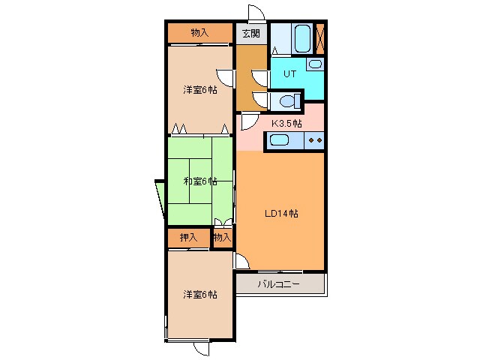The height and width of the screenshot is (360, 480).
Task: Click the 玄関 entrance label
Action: (x=251, y=33)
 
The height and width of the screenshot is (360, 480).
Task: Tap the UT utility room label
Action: (x=289, y=73)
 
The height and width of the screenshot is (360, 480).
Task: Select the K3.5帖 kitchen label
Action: (x=286, y=123)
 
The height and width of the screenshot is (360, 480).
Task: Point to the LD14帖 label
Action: (x=281, y=213)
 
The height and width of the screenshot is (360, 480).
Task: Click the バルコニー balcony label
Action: (x=278, y=284)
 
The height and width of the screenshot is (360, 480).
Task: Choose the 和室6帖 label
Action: (x=200, y=181)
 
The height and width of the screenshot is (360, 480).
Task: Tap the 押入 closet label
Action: (x=188, y=237)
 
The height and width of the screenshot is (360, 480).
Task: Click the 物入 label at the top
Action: (x=200, y=32)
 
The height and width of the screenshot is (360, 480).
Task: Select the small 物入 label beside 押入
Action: (x=222, y=237)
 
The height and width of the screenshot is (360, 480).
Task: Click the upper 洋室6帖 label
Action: (x=200, y=90)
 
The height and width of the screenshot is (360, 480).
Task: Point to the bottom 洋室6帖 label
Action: (x=200, y=295)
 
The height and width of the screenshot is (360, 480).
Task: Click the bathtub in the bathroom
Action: (x=302, y=39)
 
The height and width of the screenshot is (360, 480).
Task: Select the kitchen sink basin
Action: (x=279, y=141)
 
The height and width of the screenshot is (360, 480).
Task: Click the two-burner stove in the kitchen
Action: (x=314, y=140)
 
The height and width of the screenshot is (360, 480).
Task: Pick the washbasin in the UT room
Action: (x=315, y=64)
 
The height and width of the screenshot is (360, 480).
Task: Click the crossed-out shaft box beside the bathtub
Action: (x=320, y=39)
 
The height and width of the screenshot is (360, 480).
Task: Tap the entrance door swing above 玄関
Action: (x=256, y=13)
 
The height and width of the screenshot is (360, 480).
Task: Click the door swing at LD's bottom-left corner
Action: (x=241, y=262)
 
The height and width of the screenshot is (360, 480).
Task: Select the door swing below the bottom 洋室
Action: (x=202, y=348)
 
